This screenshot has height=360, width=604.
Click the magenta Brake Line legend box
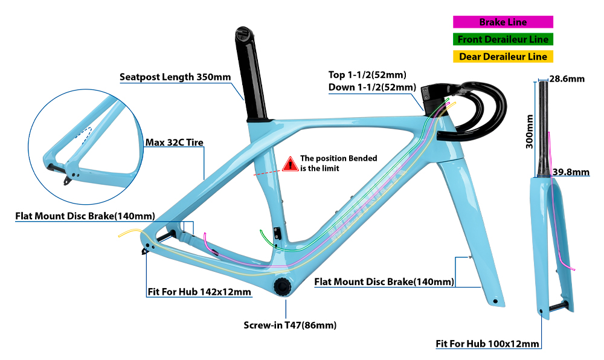coord(503,22)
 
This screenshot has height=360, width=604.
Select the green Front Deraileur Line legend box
coord(503,39)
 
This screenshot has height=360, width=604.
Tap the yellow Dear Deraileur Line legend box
coord(503,57)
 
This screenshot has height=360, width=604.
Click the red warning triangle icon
coord(290,163)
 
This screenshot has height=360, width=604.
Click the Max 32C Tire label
coord(174,143)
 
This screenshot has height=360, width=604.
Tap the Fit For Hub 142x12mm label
coord(199,292)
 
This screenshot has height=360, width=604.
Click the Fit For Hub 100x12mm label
coord(487,344)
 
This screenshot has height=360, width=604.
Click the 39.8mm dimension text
coord(571,172)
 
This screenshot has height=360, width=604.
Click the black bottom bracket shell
coord(282,286)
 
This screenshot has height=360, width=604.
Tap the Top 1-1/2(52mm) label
coord(367,75)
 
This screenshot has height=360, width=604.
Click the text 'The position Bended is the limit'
coord(338,163)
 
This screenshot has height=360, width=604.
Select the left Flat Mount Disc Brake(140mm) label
coord(85,216)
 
